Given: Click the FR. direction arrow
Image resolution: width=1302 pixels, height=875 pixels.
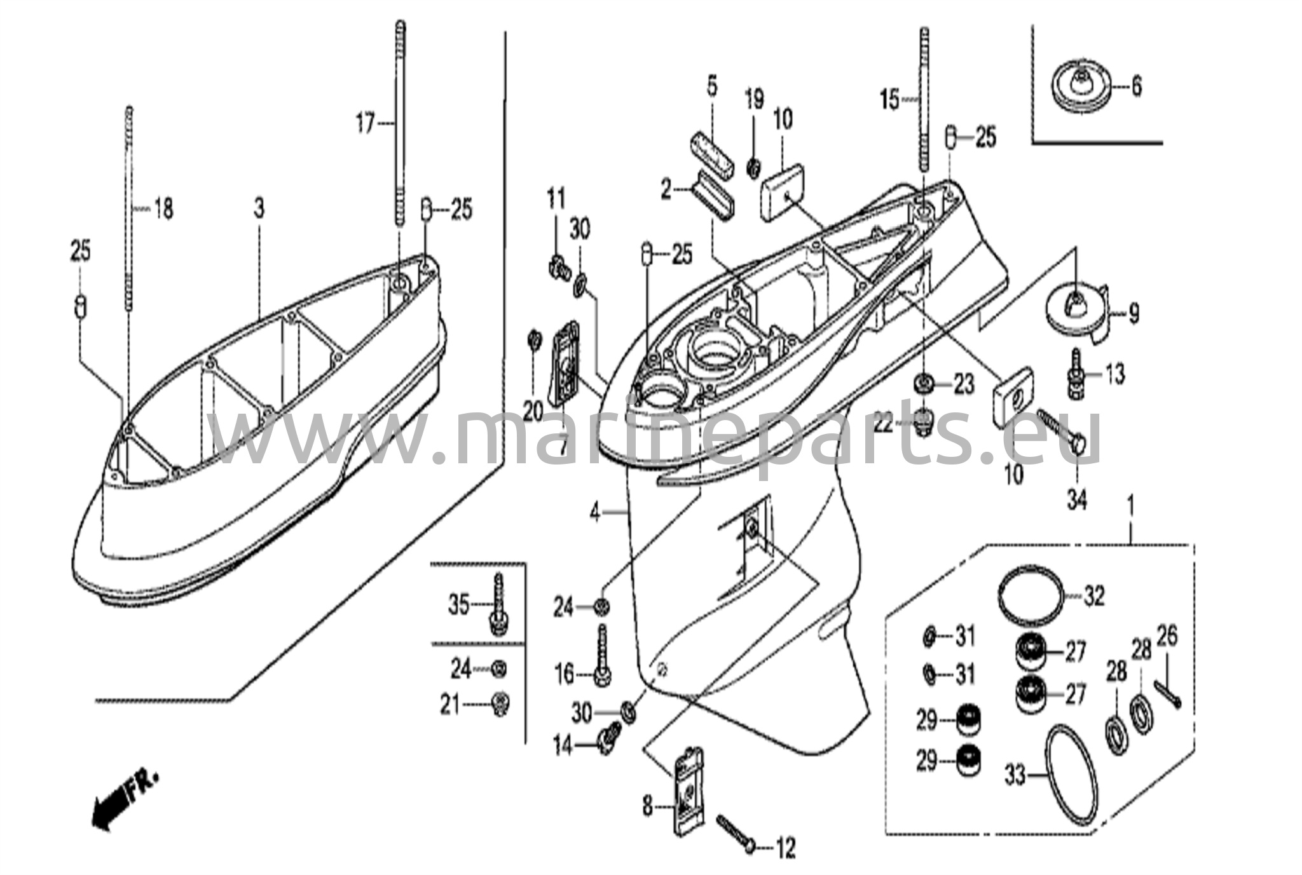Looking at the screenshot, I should [121, 801].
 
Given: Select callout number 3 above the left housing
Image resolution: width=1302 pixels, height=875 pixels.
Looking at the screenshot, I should [259, 208].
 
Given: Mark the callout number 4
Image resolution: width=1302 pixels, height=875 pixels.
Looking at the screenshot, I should [595, 512].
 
